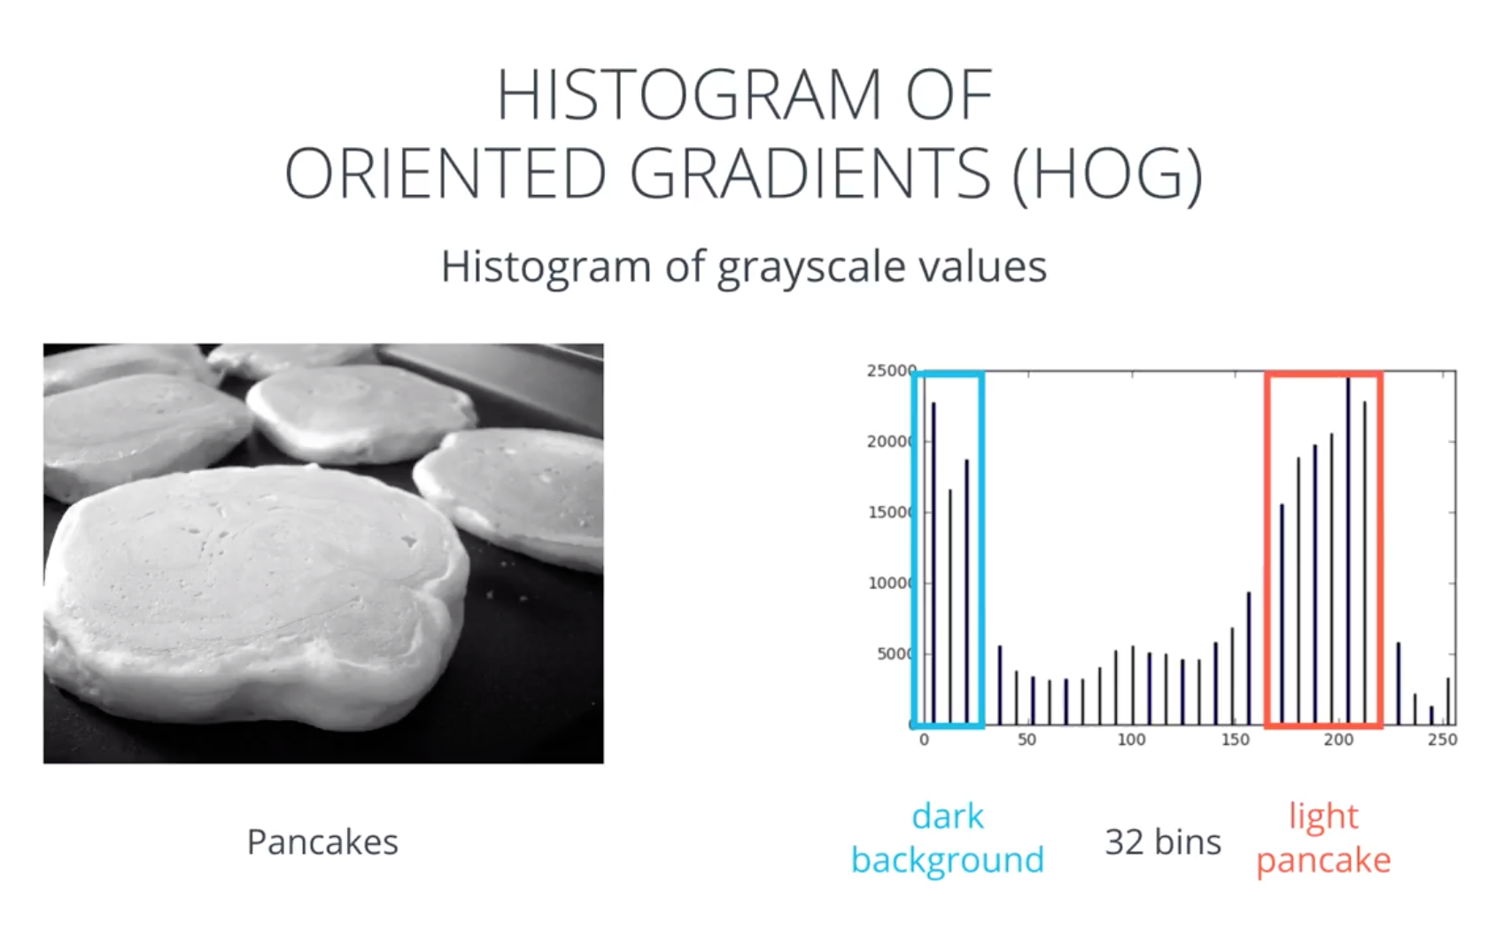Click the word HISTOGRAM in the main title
689,94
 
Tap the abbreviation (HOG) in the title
1107,173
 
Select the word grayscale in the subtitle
810,267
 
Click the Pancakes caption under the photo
322,841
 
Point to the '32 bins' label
1163,841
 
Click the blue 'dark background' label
948,838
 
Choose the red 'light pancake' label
1323,838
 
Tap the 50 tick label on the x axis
1027,740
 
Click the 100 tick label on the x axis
1131,740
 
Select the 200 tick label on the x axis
1338,740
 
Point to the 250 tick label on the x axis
1442,740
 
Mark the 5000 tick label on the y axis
893,655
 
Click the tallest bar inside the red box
1348,550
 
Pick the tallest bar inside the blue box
934,563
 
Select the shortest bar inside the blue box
950,607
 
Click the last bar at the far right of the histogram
1447,701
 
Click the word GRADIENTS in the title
810,174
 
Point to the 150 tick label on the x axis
1236,740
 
